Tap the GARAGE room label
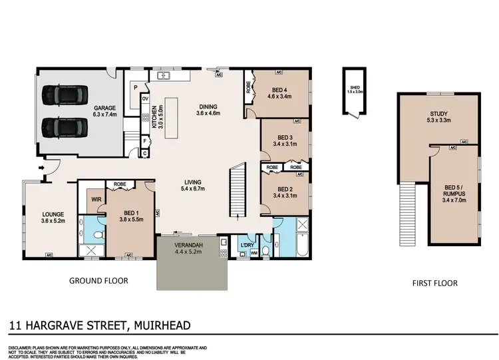click(x=104, y=108)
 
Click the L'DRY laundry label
click(x=247, y=246)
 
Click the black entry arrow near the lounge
click(x=43, y=169)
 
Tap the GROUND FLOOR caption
click(x=98, y=281)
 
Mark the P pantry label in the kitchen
click(x=136, y=87)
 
